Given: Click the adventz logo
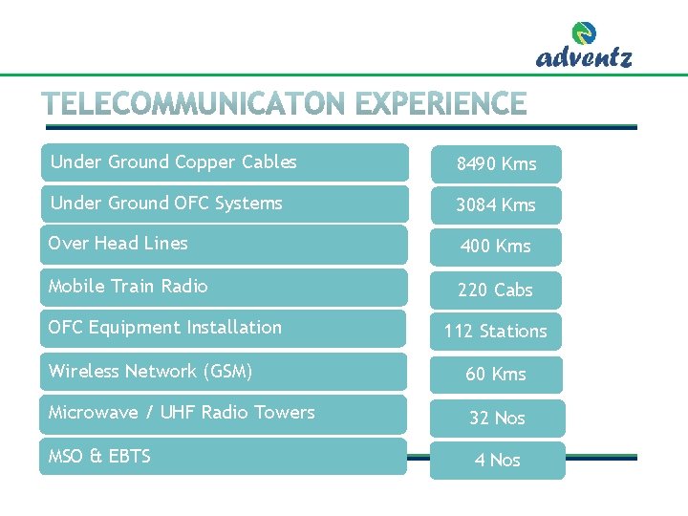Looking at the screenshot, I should [584, 47].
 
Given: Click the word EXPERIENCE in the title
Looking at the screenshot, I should [439, 104].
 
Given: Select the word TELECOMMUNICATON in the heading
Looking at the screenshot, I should [194, 104].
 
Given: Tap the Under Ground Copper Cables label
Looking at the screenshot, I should [174, 162].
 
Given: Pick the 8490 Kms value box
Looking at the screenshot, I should [496, 164].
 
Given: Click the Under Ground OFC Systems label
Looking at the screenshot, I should [166, 204].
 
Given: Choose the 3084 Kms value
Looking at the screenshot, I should [496, 205].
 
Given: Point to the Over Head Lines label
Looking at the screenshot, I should [118, 244].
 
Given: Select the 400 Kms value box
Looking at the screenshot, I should [496, 247].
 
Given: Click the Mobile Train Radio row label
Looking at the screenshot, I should [128, 287].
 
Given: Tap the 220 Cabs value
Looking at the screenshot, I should [496, 290].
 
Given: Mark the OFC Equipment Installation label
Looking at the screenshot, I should [165, 328].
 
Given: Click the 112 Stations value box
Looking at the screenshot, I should [496, 332].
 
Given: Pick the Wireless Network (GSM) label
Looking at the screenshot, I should [151, 371].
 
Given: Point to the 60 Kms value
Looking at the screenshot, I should [496, 375].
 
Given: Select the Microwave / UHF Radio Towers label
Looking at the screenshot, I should [182, 413].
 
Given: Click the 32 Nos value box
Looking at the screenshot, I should [497, 419].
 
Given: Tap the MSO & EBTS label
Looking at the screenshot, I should [99, 457].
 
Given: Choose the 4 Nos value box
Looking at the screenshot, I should [498, 461].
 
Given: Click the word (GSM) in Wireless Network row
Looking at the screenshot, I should [226, 371].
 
